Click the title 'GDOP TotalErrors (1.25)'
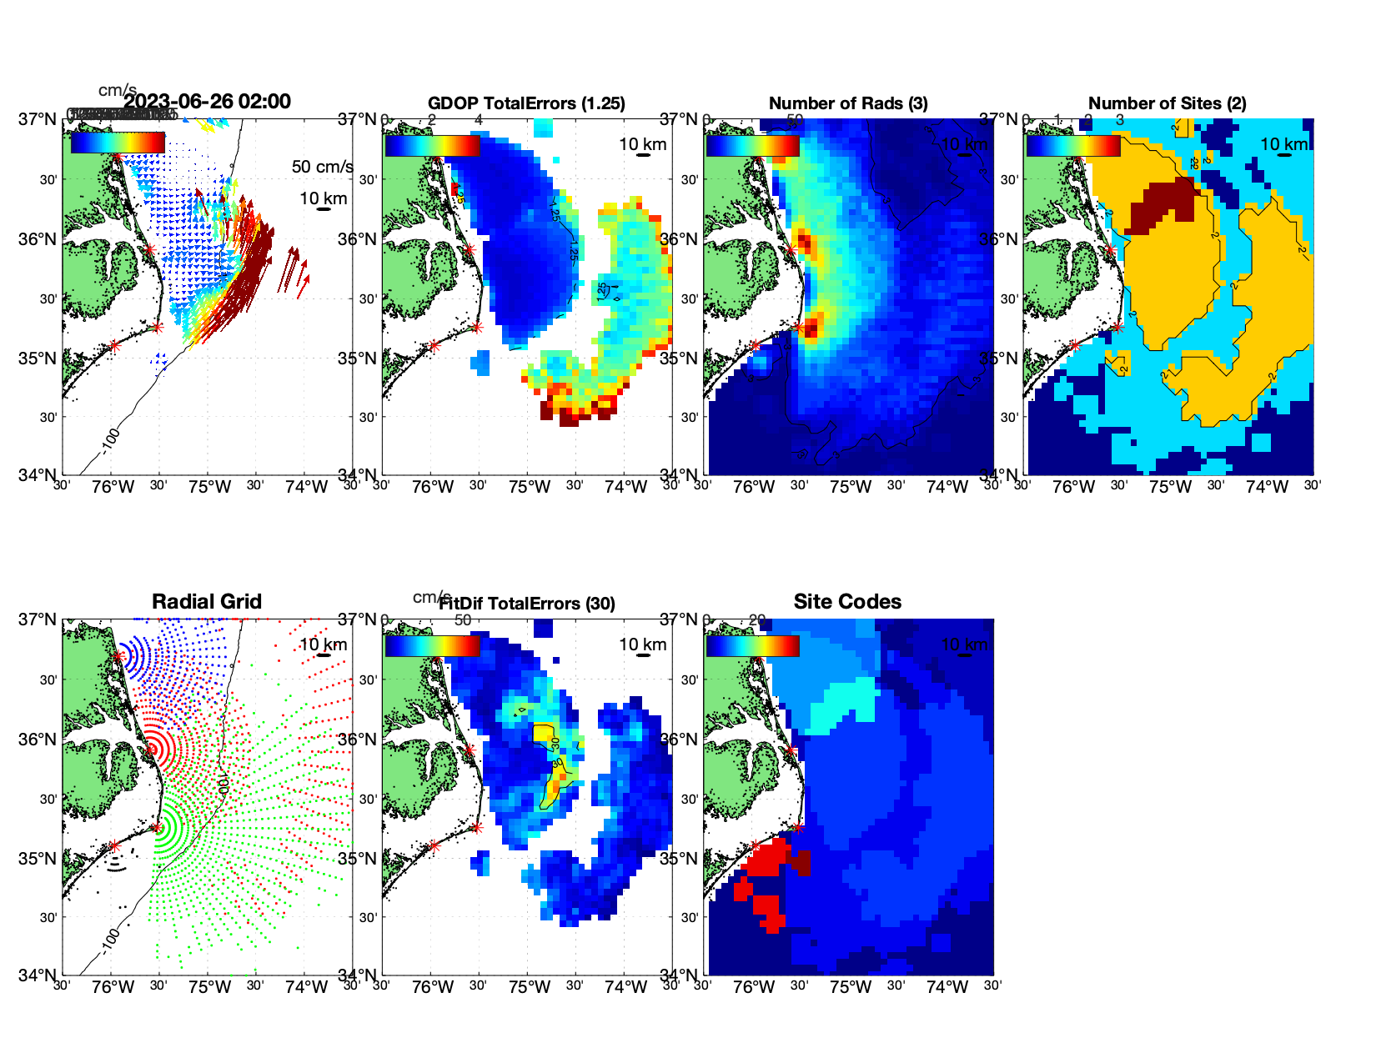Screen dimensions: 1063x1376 click(x=526, y=103)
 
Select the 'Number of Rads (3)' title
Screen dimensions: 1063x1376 click(x=848, y=103)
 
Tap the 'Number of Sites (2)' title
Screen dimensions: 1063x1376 click(x=1168, y=103)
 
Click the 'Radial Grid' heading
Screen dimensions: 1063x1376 click(x=207, y=602)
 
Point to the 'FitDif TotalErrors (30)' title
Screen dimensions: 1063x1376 click(x=527, y=604)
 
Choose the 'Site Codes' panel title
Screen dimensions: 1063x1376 click(x=847, y=602)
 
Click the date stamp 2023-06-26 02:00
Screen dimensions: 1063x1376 click(x=207, y=102)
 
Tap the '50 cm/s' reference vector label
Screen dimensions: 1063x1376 click(x=322, y=167)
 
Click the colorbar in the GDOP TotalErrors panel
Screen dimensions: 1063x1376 click(x=432, y=145)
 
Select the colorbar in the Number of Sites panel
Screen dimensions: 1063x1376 click(x=1073, y=145)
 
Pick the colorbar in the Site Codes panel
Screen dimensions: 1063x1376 click(x=752, y=646)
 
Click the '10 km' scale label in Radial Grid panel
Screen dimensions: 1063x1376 click(x=323, y=644)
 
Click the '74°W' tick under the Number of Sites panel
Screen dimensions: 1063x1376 click(x=1267, y=487)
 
